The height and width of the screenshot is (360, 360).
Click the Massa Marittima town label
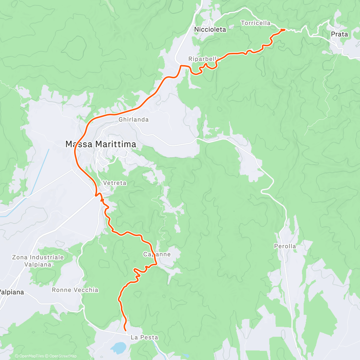click(101, 144)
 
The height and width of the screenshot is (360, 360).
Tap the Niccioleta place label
click(210, 29)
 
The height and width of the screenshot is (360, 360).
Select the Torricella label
click(256, 23)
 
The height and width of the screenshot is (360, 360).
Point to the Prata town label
click(339, 34)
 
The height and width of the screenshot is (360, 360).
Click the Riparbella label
click(202, 59)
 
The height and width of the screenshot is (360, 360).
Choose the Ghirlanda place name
click(133, 119)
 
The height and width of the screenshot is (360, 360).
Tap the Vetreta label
click(115, 183)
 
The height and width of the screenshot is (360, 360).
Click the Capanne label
click(157, 254)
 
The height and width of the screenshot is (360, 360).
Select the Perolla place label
click(285, 246)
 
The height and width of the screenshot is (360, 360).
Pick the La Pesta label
click(144, 337)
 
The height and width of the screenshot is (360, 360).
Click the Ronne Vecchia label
click(75, 290)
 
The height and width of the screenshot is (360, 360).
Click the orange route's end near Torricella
click(284, 30)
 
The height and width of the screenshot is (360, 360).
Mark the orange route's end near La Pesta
click(125, 330)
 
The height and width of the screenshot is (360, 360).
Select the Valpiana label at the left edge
click(11, 292)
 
